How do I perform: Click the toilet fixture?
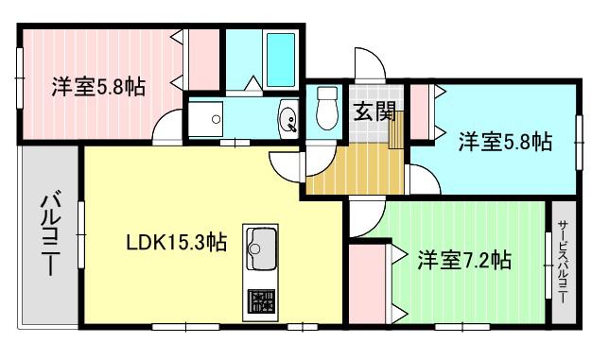327,108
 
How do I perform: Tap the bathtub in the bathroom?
281,60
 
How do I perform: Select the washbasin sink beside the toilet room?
287,118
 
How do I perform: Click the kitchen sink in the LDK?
261,249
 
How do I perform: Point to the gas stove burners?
261,301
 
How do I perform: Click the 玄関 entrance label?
374,111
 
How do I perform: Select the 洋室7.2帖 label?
463,260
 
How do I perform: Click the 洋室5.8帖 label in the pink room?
98,87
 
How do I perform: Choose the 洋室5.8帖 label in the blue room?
505,142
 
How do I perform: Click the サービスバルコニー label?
563,263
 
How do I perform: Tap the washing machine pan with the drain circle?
205,119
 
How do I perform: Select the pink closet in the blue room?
420,112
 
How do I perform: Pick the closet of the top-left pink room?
204,60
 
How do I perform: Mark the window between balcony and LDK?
81,234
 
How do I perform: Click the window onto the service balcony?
548,266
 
